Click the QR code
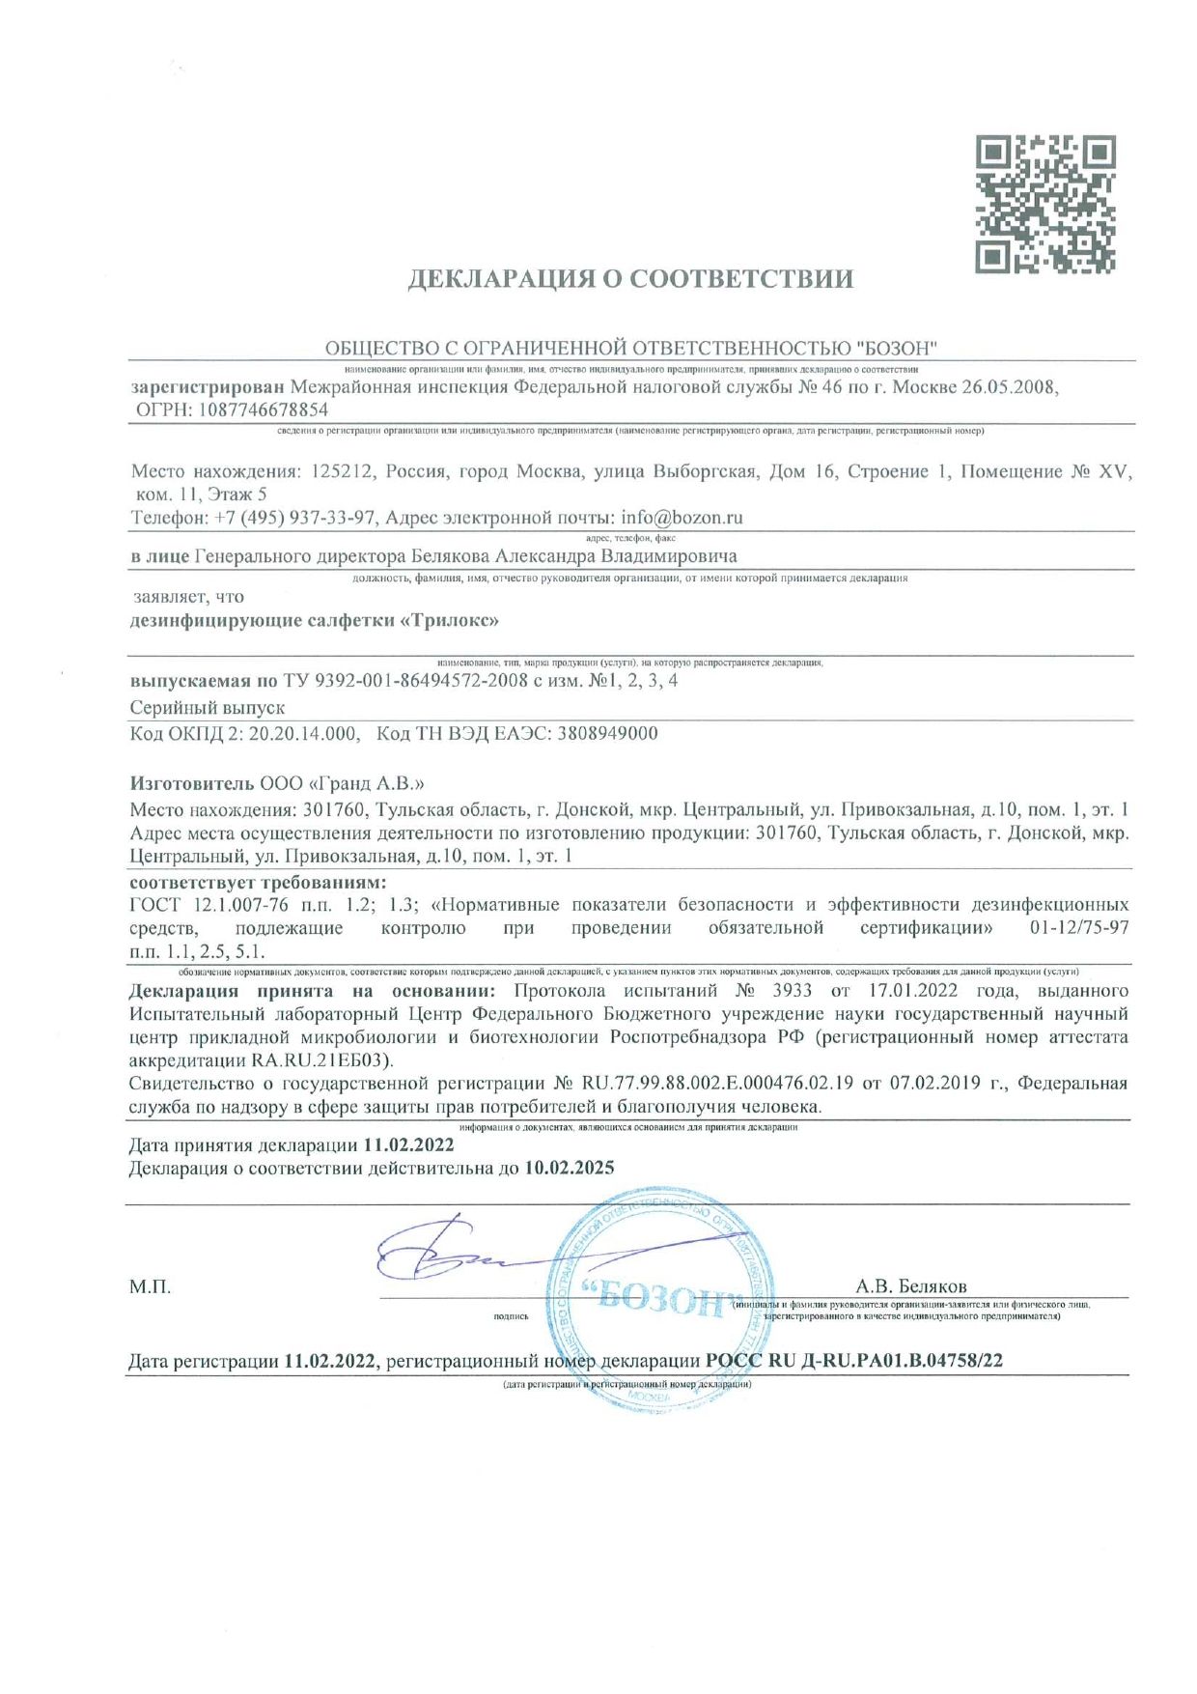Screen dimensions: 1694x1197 tap(1045, 204)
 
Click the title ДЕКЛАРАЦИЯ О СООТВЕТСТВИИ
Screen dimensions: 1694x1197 tap(630, 280)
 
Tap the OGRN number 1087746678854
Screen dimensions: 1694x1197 tap(264, 409)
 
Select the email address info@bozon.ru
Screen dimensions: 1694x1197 tap(682, 518)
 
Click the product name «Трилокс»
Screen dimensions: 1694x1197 tap(449, 620)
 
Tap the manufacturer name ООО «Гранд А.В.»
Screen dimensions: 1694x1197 tap(342, 782)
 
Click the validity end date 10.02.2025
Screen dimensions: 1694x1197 tap(570, 1169)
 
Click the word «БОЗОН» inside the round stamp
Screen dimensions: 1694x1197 tap(658, 1299)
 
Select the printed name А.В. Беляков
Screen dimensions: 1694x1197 tap(910, 1286)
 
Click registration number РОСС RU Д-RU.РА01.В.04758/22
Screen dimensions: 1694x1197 tap(854, 1361)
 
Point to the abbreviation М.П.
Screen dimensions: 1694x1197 tap(150, 1286)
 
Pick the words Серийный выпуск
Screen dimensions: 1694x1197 tap(208, 708)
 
